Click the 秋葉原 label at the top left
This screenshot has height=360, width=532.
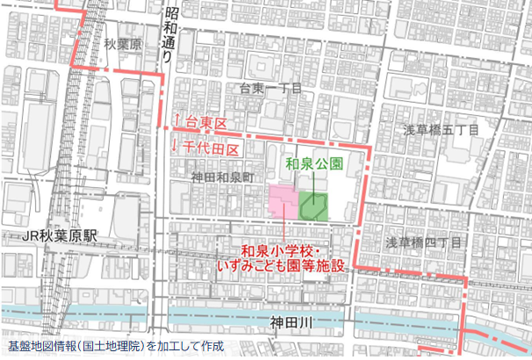122,44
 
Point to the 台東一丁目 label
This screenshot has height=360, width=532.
270,88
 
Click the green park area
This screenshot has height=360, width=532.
313,207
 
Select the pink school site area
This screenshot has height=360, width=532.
283,204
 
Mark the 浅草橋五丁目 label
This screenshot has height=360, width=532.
440,130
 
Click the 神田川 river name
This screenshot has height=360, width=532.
291,325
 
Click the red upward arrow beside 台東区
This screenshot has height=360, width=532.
176,122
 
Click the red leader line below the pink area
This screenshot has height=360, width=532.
284,231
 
